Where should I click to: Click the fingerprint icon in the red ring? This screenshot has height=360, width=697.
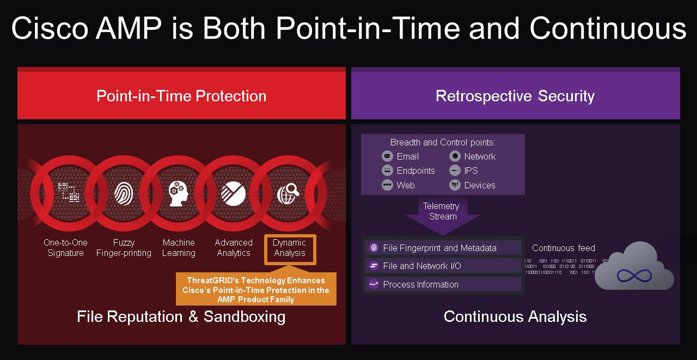click(124, 193)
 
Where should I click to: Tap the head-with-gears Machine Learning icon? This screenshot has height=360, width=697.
click(179, 193)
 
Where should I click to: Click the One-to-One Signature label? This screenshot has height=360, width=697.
click(65, 248)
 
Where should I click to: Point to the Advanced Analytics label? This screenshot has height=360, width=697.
click(234, 248)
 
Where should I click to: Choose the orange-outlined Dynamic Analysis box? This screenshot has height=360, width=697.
click(290, 249)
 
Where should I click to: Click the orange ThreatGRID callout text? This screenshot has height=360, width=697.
click(256, 290)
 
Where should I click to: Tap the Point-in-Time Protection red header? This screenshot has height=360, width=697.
click(181, 96)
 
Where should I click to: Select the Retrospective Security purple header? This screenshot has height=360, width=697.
click(515, 96)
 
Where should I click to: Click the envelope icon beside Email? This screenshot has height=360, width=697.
click(387, 156)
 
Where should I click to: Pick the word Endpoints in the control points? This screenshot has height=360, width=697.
click(415, 171)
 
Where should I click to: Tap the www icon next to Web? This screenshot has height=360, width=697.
click(387, 185)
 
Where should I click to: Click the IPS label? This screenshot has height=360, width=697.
click(471, 171)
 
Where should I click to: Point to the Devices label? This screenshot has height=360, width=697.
click(480, 185)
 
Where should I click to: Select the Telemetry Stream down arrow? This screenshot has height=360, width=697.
click(442, 212)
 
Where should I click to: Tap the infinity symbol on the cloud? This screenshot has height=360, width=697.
click(634, 276)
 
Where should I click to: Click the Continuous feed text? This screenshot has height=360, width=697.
click(564, 248)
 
